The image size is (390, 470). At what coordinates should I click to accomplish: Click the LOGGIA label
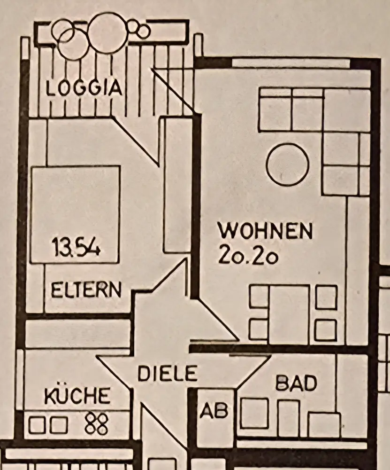point(84,88)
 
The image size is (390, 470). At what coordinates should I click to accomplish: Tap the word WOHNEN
point(265,231)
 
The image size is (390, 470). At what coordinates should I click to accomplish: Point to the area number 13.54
point(76,246)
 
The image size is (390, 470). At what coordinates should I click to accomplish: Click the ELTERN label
point(86,289)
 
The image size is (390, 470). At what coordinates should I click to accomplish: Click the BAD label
point(296,384)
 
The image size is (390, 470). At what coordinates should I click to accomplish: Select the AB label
point(214,411)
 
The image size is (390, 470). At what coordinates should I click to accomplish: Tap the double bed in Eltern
point(75,214)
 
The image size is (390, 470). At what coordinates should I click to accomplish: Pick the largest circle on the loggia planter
point(107,32)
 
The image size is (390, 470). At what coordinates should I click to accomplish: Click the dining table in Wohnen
point(289,314)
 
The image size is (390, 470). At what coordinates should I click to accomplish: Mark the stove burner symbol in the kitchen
point(97,423)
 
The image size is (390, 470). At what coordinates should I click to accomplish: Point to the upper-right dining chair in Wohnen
point(326,297)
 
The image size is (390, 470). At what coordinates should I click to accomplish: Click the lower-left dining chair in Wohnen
point(258,329)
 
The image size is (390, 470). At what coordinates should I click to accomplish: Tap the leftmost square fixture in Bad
point(254,413)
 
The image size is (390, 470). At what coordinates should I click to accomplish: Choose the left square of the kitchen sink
point(36,426)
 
